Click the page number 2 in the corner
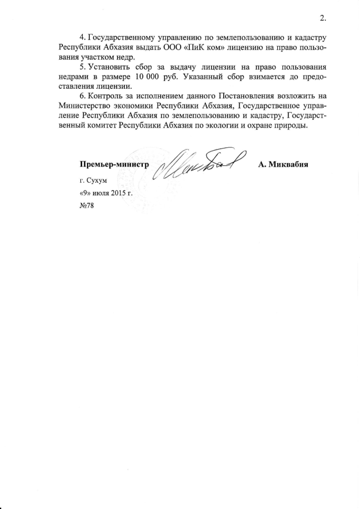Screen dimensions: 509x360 pos(322,18)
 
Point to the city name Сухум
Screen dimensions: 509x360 pos(96,182)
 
